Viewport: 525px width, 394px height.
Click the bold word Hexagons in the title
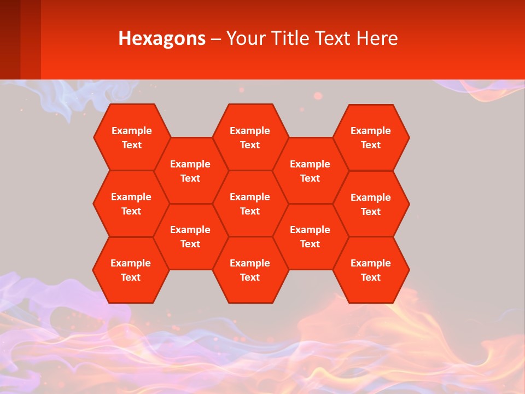162,38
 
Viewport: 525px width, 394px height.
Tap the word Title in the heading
289,38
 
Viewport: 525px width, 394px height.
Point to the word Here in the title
377,38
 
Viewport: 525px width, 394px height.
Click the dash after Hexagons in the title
216,39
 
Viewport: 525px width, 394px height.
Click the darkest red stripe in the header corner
10,39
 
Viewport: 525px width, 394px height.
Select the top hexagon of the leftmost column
132,137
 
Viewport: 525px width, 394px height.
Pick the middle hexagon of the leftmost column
131,204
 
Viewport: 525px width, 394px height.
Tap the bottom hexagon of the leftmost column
131,270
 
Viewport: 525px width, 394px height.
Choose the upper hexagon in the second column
190,171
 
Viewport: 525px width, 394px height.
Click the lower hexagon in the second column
190,236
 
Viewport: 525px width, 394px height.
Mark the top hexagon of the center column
250,137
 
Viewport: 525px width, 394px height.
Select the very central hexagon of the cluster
250,204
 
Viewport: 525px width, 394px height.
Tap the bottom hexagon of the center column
250,270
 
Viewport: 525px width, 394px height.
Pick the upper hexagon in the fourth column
310,171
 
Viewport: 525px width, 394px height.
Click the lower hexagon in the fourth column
310,236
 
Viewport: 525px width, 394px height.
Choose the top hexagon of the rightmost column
371,137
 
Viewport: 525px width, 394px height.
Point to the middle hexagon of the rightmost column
371,204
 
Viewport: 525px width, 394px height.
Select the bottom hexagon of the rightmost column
371,270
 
